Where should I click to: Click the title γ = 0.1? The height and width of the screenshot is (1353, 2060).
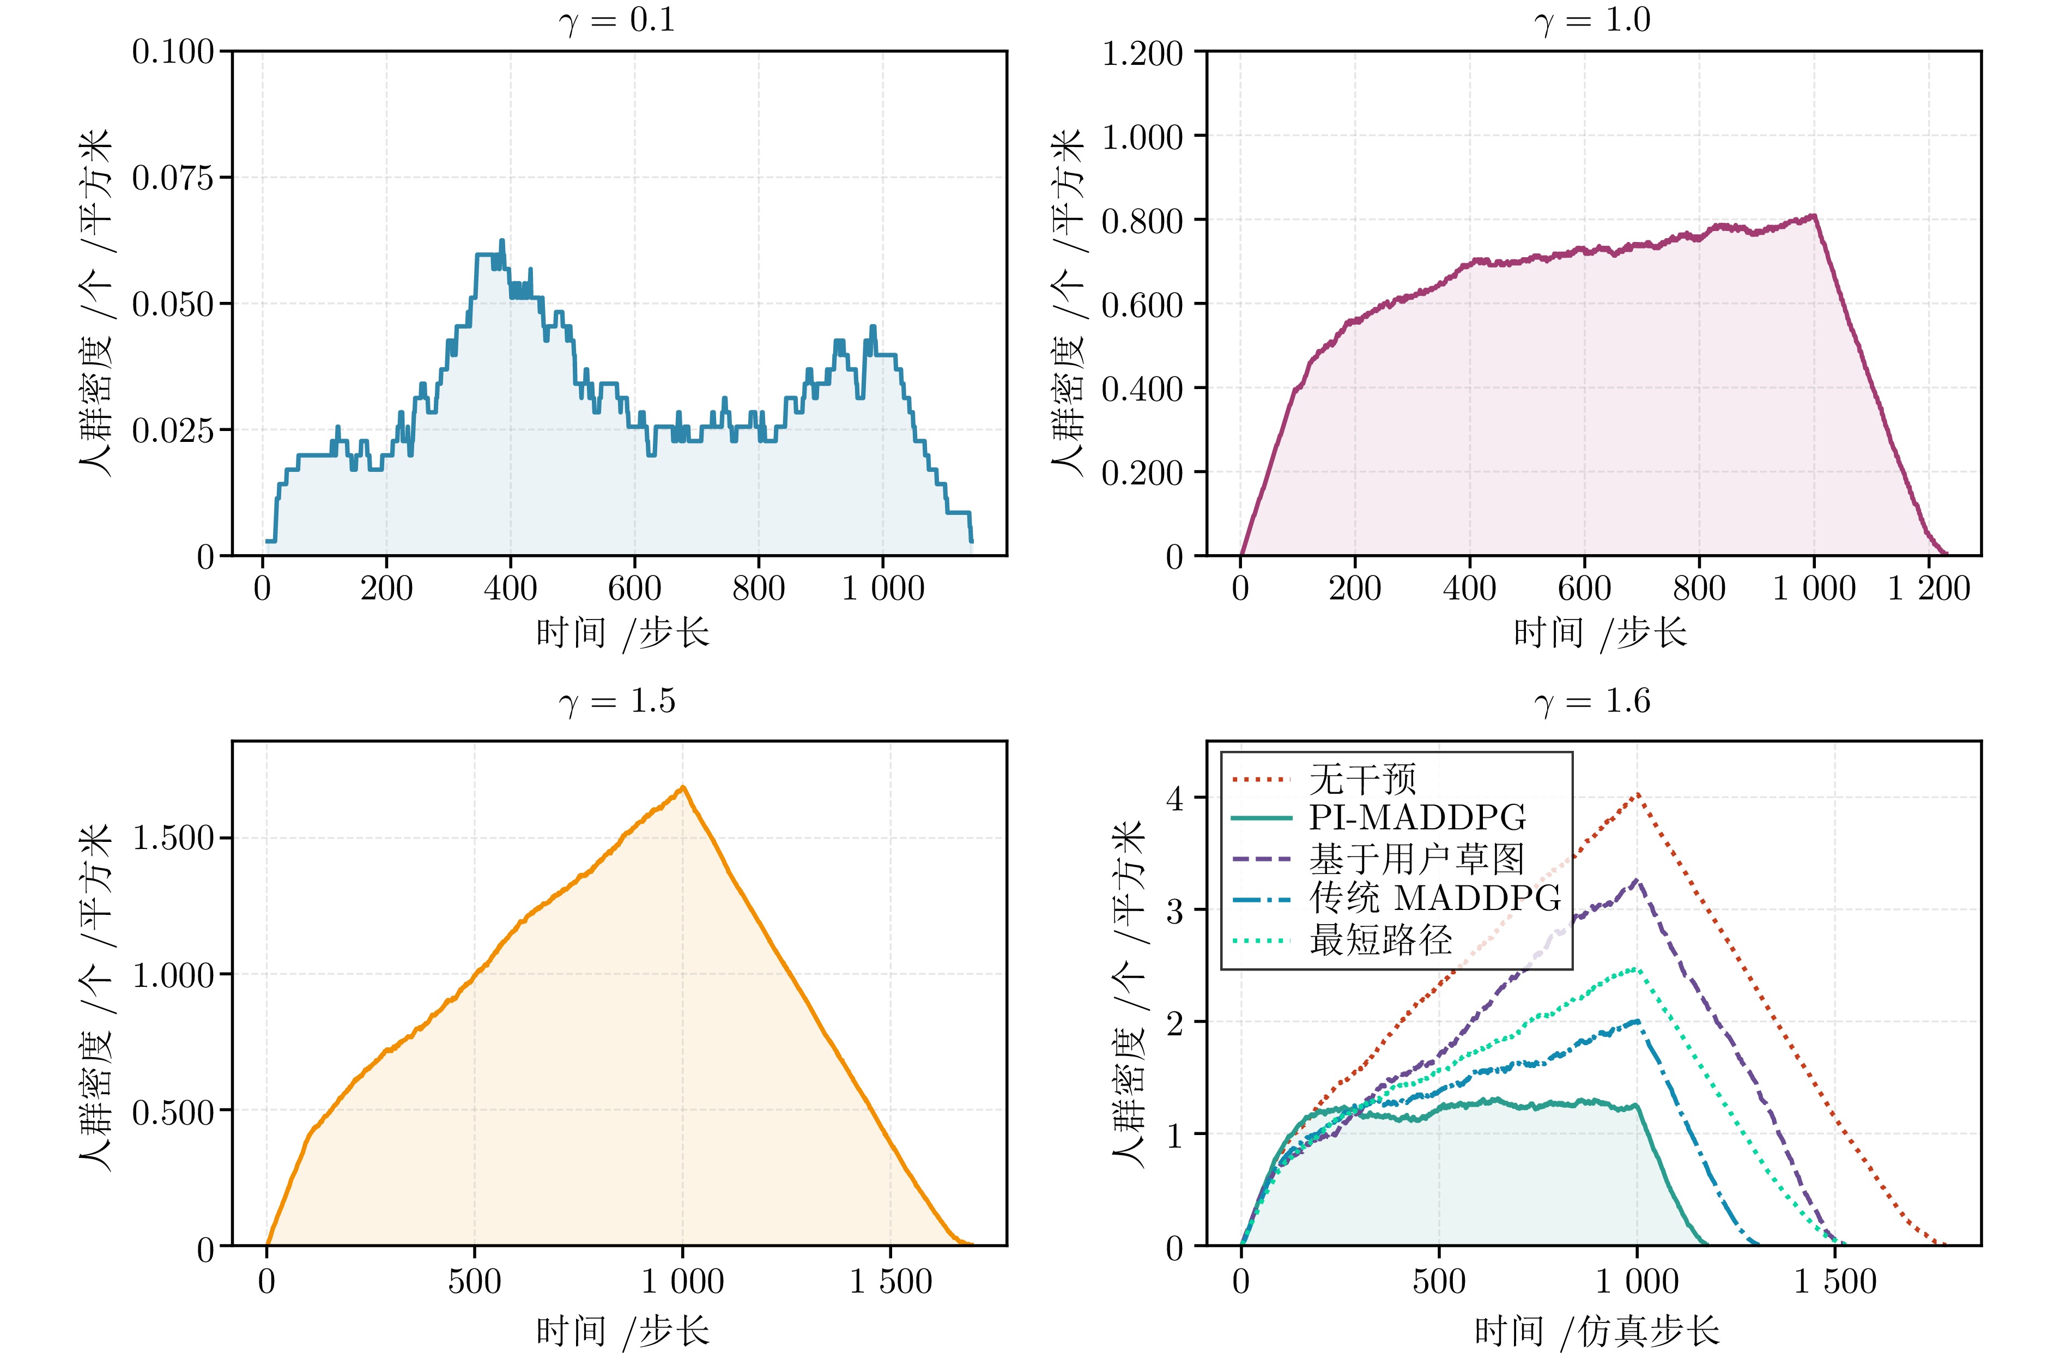pos(617,21)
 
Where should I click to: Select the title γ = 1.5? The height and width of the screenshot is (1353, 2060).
pos(617,701)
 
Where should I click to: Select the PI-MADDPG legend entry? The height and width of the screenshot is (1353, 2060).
pos(1417,818)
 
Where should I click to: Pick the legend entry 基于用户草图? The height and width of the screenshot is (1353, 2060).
pos(1416,859)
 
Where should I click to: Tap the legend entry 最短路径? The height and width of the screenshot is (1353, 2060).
pos(1380,940)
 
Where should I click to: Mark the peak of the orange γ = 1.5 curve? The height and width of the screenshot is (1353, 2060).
pos(683,787)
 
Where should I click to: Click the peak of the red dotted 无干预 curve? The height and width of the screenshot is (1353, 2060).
pos(1637,794)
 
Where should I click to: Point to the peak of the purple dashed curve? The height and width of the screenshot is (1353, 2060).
pos(1636,881)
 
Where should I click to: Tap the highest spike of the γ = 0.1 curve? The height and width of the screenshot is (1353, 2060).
pos(501,241)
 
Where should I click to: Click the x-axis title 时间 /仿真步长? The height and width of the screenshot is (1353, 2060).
pos(1595,1331)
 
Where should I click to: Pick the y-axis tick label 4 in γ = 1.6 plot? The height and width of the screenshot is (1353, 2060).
pos(1174,798)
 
